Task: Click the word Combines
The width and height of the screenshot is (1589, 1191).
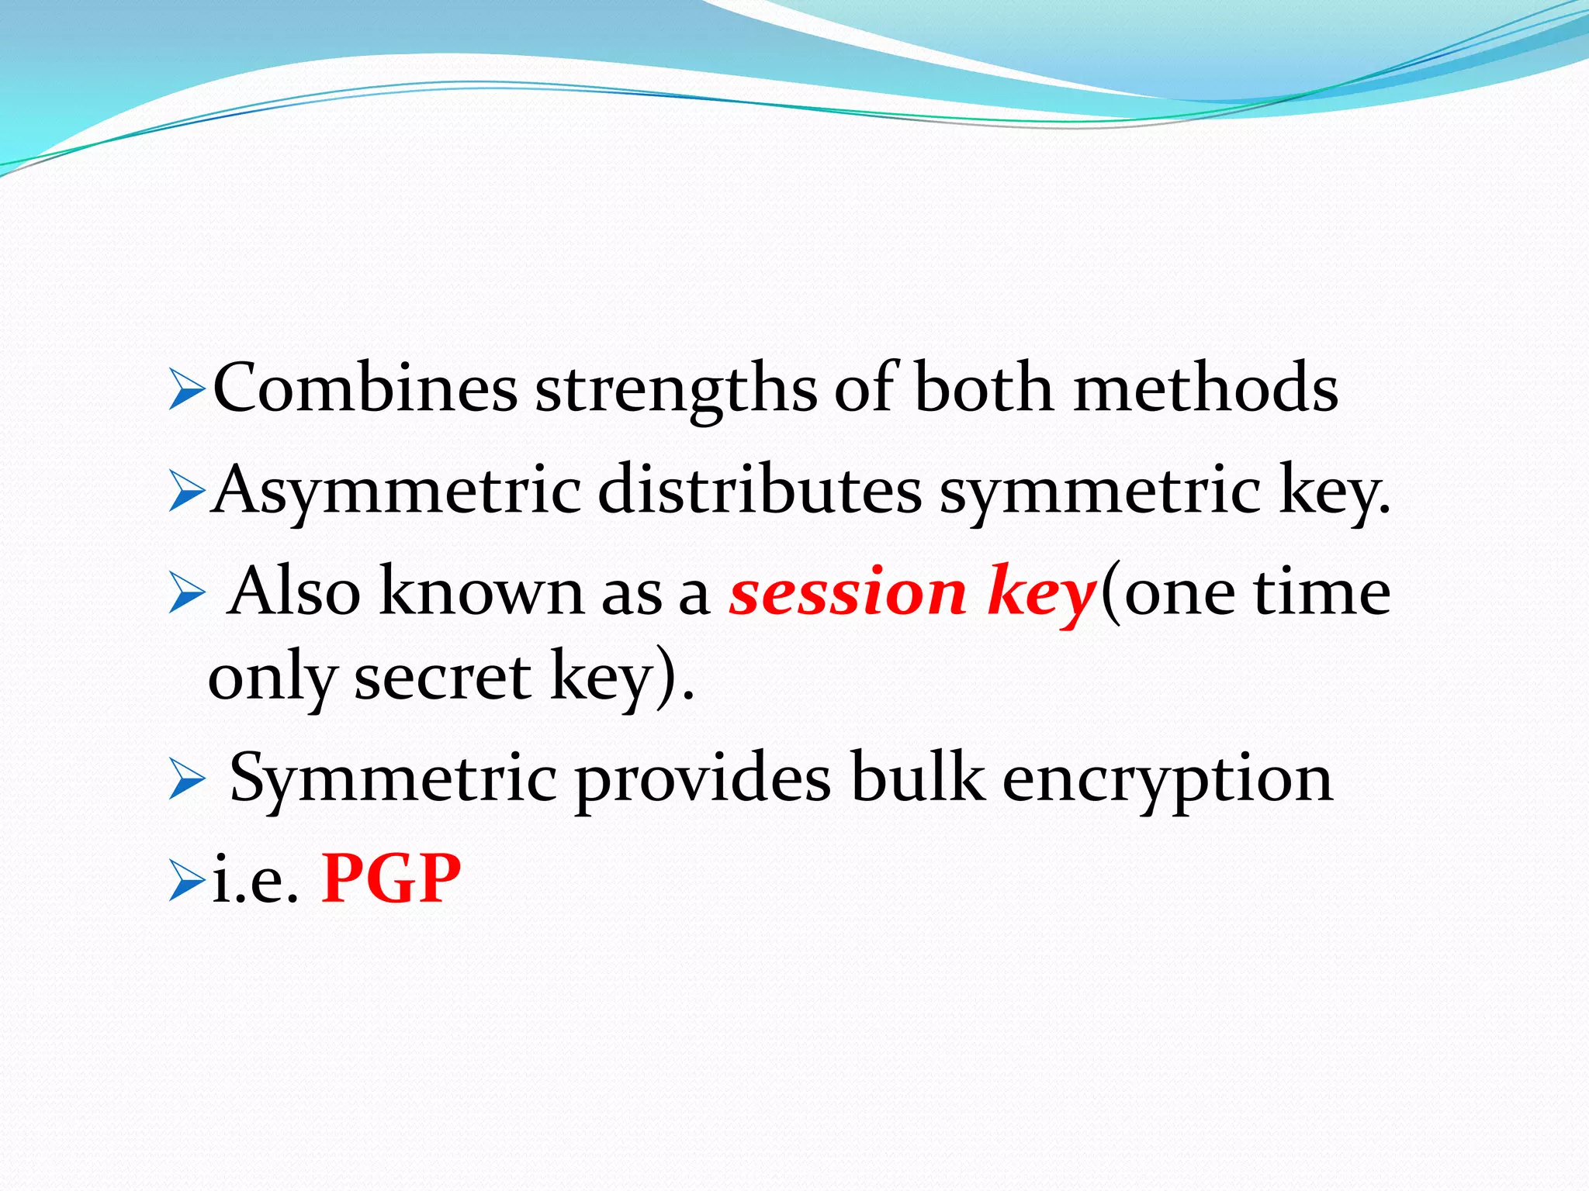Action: pyautogui.click(x=365, y=388)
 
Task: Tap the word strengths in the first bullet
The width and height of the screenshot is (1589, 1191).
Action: pyautogui.click(x=676, y=391)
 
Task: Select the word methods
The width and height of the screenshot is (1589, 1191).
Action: pyautogui.click(x=1206, y=388)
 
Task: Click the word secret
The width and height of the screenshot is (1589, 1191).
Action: pyautogui.click(x=443, y=677)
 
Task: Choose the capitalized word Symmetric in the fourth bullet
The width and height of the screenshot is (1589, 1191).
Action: pyautogui.click(x=393, y=780)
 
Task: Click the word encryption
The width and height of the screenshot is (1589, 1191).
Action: pyautogui.click(x=1168, y=782)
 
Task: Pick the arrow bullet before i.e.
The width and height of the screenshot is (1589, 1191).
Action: pyautogui.click(x=186, y=884)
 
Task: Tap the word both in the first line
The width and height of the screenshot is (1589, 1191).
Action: pyautogui.click(x=983, y=388)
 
